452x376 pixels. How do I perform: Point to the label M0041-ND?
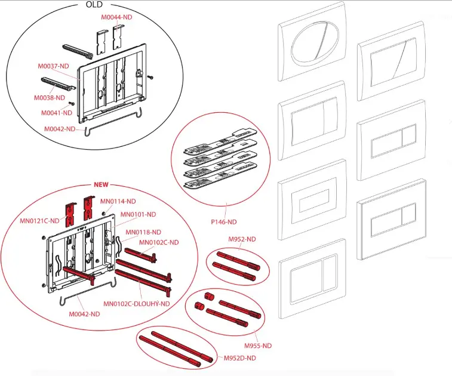(x=56, y=112)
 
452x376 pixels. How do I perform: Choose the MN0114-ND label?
(x=118, y=201)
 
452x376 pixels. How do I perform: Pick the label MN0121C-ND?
(x=38, y=221)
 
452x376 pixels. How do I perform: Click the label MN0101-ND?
(x=138, y=214)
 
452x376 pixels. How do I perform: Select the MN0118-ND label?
(x=144, y=232)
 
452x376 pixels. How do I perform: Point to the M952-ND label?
(x=242, y=239)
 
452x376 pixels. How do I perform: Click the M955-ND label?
(x=258, y=346)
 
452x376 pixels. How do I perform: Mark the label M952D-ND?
(x=239, y=357)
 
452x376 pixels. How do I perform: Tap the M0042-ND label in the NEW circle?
(x=83, y=315)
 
